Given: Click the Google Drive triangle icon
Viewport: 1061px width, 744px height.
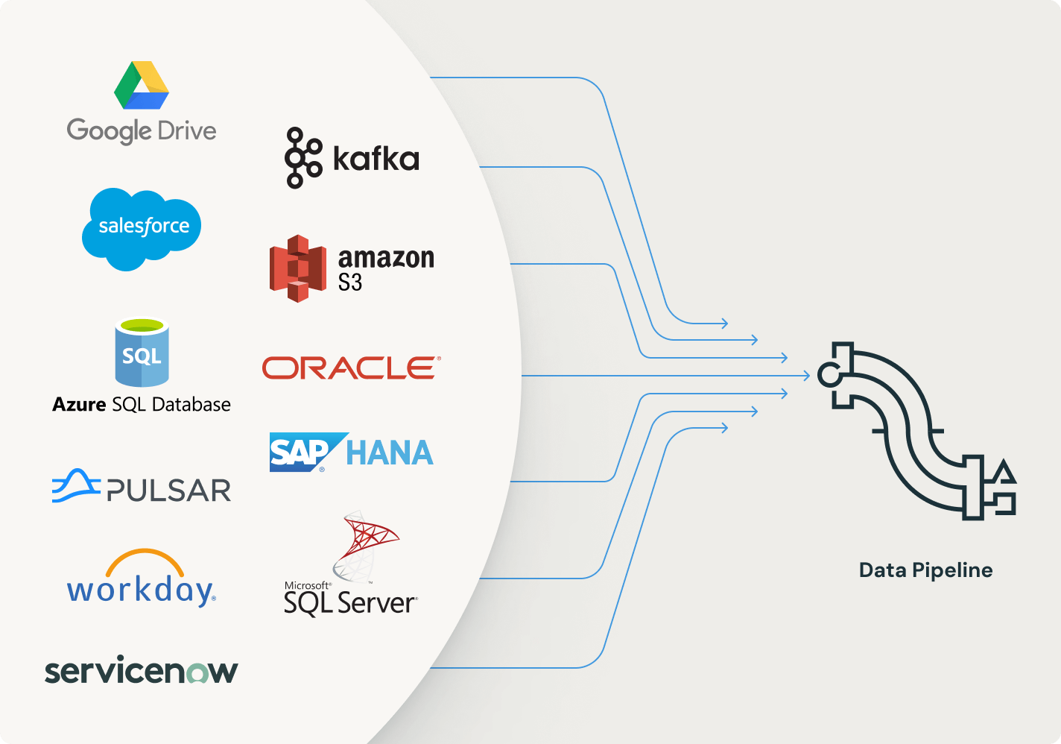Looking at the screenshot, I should point(142,86).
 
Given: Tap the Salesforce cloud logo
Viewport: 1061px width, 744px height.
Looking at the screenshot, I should point(142,227).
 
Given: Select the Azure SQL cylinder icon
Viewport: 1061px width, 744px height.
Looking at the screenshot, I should point(142,353).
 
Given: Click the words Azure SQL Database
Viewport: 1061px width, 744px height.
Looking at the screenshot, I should point(142,405).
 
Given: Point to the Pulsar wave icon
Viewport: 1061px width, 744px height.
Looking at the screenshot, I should point(75,486).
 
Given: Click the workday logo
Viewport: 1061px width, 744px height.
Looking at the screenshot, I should point(142,580).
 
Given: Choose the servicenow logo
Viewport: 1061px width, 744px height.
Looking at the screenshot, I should point(142,671).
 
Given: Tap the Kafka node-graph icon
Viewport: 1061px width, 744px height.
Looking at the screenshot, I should point(303,158).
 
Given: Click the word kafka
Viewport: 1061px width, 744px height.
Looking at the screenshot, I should point(376,159).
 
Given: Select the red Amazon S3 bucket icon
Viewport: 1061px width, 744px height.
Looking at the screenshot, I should point(297,268).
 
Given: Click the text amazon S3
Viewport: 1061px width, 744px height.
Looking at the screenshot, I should point(385,269).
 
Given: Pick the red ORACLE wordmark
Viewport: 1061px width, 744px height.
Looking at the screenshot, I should point(351,368).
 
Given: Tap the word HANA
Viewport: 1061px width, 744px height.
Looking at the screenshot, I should point(390,453).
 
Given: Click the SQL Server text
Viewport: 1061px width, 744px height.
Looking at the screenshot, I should point(350,602).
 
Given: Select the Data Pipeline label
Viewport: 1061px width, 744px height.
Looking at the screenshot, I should point(925,570).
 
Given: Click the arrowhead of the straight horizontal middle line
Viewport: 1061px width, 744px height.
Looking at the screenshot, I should point(806,376).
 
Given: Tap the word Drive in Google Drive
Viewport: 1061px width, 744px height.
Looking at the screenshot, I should point(187,131).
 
